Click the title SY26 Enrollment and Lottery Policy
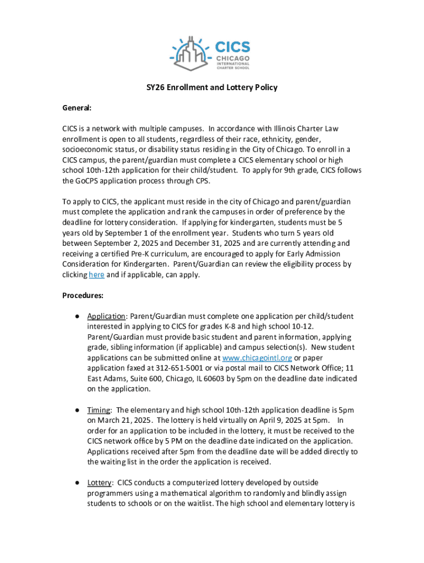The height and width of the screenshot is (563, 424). pos(211,87)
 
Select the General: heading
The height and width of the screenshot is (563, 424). pos(77,108)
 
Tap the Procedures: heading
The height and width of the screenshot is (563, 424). pos(83,295)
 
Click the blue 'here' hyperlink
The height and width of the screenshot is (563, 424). pos(96,275)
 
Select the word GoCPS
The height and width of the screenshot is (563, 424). pos(89,181)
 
